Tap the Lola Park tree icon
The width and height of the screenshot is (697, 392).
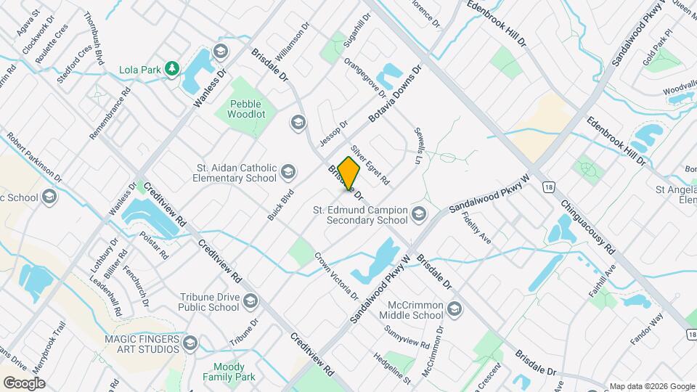click(172, 69)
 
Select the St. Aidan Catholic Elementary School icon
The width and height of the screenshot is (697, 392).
click(288, 172)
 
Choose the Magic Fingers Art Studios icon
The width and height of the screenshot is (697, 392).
click(190, 343)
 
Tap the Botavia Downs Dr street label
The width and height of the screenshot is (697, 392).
click(395, 95)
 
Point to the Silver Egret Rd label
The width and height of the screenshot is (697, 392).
click(370, 164)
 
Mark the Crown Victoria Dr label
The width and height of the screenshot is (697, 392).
click(336, 276)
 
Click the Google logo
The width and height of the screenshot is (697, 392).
click(24, 383)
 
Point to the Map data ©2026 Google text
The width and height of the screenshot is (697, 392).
click(651, 386)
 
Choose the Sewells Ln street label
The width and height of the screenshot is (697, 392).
click(419, 146)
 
